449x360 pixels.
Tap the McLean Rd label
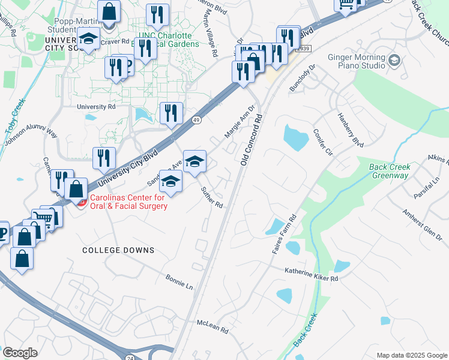point(213,326)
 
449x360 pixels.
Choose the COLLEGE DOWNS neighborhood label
point(118,250)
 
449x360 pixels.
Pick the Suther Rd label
point(212,197)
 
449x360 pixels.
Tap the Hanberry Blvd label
point(351,130)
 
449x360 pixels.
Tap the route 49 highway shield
point(197,120)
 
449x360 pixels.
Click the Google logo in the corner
point(20,353)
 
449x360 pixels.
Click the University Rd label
point(96,106)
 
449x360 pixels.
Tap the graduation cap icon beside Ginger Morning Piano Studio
point(394,60)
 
